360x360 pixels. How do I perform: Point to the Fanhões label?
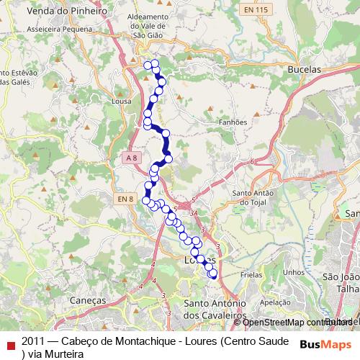233,122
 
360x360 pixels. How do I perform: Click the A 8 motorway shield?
130,157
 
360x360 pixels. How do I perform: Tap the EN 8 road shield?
126,198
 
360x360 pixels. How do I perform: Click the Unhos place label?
294,272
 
